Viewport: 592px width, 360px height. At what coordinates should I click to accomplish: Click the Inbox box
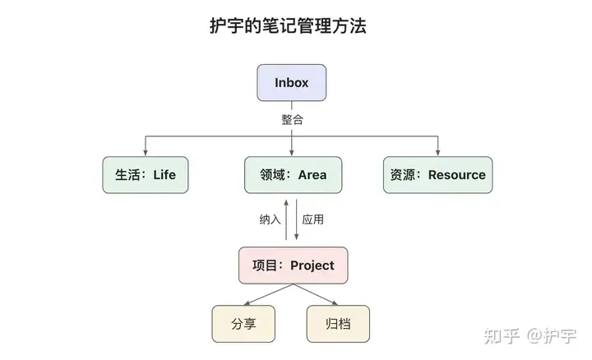[292, 82]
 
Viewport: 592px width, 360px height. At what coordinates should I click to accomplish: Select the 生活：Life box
[146, 174]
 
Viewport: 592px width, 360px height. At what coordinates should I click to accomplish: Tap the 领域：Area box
[292, 174]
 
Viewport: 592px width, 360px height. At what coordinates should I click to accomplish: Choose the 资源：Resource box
[437, 174]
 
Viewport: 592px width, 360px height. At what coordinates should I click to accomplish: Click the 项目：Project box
[292, 265]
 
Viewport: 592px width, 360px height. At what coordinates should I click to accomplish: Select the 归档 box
[338, 324]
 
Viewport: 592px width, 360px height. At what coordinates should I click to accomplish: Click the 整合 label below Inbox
[292, 120]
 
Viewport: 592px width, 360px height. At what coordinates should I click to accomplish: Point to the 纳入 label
[270, 219]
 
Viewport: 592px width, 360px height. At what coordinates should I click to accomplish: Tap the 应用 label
[313, 219]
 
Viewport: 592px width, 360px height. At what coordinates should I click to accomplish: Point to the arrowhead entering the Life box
[146, 152]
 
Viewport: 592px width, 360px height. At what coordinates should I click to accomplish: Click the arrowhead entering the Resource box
[437, 152]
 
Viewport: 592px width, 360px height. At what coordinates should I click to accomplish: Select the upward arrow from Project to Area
[286, 218]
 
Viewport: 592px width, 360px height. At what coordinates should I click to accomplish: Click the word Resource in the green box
[456, 174]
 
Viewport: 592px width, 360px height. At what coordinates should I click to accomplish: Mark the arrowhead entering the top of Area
[292, 152]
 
